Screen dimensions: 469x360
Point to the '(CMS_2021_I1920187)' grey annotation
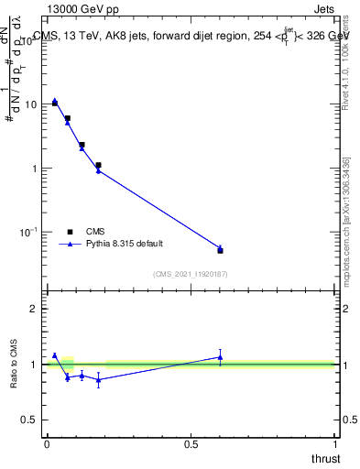click(190, 273)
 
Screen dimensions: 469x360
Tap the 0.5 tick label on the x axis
click(191, 444)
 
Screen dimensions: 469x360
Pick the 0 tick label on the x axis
click(47, 444)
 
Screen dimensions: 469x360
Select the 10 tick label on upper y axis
click(30, 104)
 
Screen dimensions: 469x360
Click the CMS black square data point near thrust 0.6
click(220, 250)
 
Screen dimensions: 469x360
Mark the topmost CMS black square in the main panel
click(55, 103)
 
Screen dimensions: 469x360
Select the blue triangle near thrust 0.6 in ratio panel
click(220, 357)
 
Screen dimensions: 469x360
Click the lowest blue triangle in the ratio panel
click(98, 379)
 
